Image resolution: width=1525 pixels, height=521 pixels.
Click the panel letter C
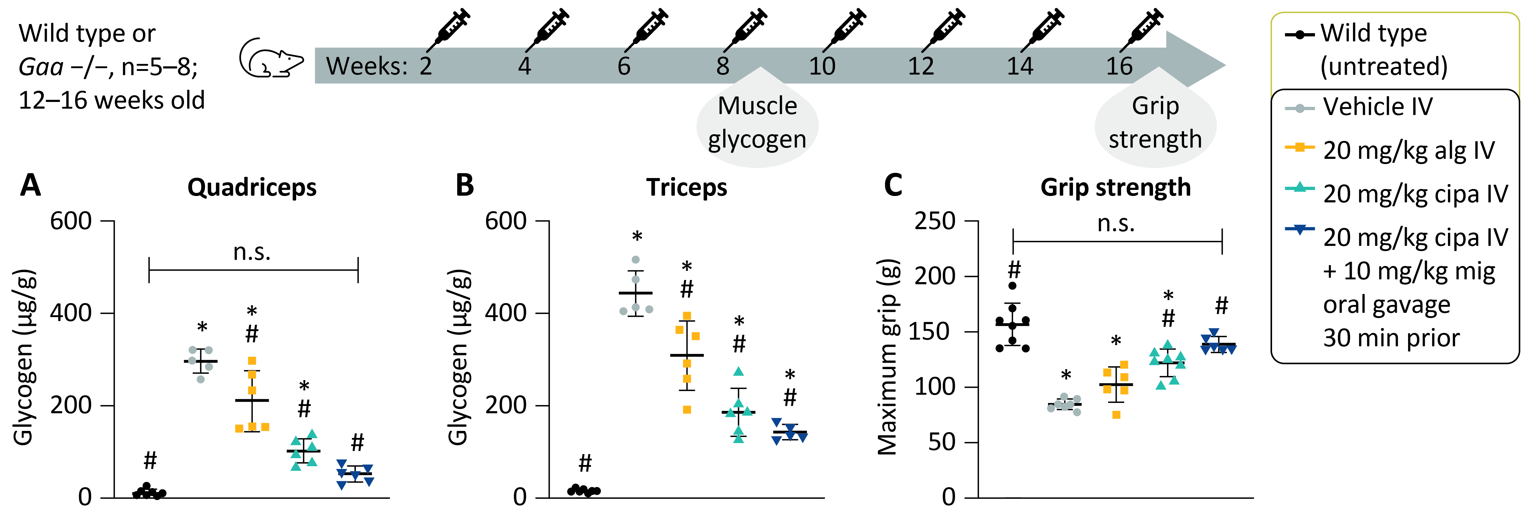893,185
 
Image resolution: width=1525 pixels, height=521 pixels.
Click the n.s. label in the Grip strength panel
1116,223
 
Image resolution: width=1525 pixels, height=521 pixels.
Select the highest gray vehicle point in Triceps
636,259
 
